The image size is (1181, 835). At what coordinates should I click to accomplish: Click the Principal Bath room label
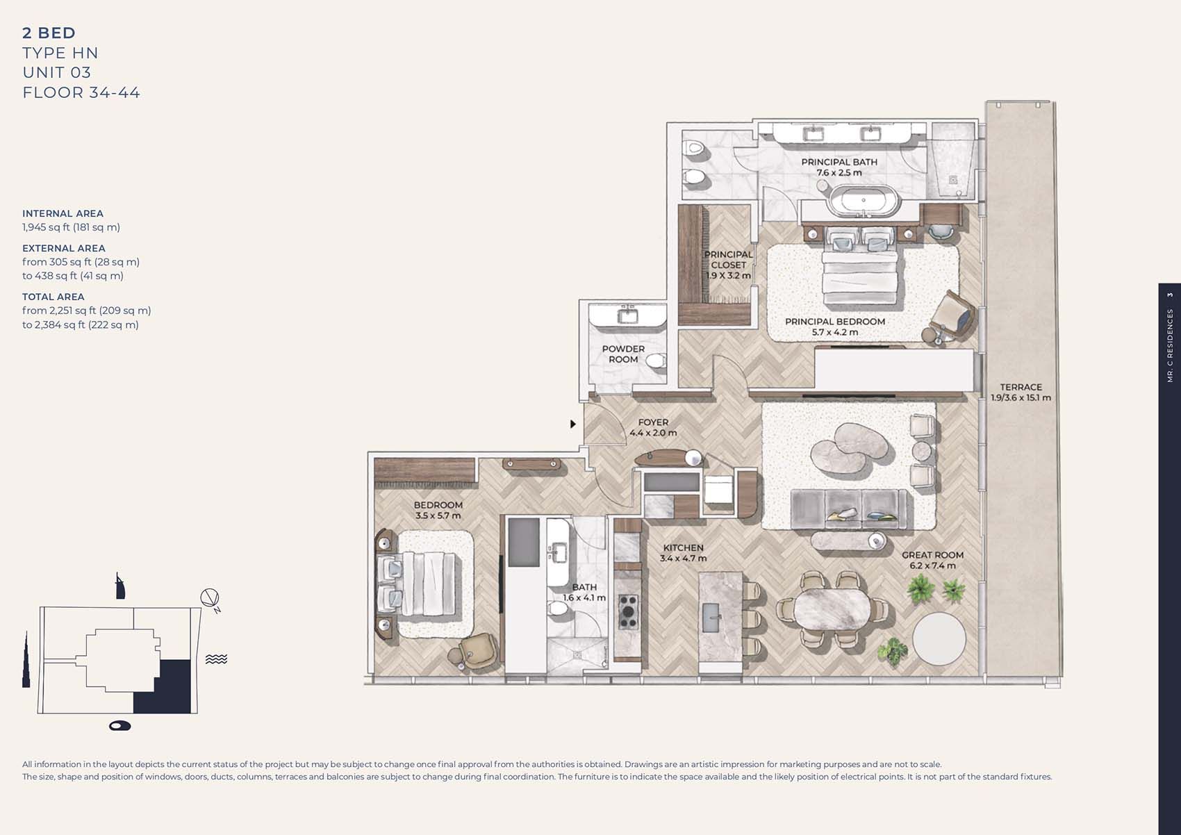839,167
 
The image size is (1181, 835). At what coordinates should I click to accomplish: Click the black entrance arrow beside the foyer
573,424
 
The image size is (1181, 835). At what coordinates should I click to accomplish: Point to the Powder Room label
623,354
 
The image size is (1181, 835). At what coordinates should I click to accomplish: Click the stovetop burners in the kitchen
627,611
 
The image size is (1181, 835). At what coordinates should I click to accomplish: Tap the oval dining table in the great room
832,608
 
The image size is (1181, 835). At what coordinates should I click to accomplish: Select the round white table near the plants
939,638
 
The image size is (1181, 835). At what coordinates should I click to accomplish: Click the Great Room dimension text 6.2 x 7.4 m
932,565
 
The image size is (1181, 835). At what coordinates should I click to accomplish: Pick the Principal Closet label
729,265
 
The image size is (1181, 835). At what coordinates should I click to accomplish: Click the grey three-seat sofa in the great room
848,509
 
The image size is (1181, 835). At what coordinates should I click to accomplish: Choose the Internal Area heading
63,213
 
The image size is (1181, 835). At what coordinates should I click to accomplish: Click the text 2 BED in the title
49,33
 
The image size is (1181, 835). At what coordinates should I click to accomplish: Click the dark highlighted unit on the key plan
163,686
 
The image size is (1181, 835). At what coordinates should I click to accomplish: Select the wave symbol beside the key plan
216,659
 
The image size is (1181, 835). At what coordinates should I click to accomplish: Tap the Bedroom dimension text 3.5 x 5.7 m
438,515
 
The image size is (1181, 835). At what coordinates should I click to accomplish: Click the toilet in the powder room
656,361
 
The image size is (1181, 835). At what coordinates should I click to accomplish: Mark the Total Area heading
53,297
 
